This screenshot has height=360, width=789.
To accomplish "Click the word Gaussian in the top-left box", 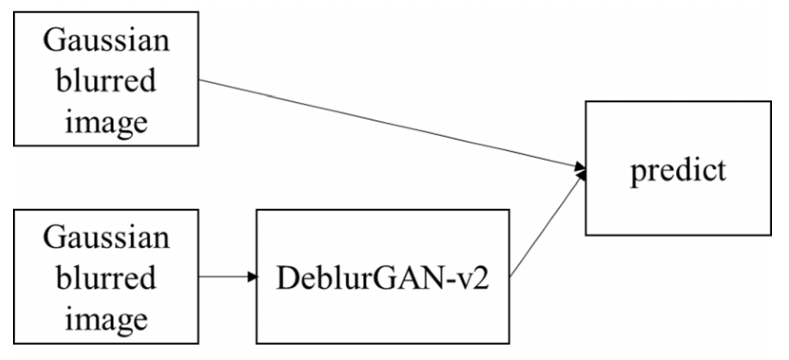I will pos(106,40).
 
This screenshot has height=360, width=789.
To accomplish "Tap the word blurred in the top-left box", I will pos(106,80).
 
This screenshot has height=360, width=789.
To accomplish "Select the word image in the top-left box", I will pos(106,122).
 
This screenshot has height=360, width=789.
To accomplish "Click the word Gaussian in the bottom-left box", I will pos(106,237).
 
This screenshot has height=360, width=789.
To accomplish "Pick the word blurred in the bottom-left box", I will pos(106,278).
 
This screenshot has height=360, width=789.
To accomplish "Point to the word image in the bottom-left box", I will pos(106,319).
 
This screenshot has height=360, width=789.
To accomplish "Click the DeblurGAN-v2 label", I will pos(382,278).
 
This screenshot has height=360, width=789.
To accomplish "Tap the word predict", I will pos(678,170).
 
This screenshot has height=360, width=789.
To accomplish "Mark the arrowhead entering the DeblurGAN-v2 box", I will pos(253,277).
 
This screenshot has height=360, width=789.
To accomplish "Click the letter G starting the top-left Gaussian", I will pos(53,40).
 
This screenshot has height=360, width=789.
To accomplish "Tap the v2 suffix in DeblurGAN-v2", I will pos(477,279).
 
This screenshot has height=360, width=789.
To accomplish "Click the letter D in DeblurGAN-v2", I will pos(286,278).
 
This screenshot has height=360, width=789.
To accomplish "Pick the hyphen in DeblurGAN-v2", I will pos(458,281).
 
